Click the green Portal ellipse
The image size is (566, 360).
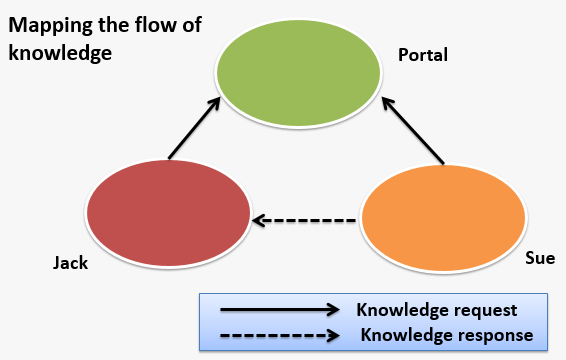pyautogui.click(x=299, y=76)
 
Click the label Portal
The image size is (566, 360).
pyautogui.click(x=422, y=55)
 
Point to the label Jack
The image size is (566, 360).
pyautogui.click(x=71, y=264)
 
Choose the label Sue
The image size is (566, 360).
pyautogui.click(x=540, y=258)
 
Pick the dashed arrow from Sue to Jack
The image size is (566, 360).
pyautogui.click(x=305, y=219)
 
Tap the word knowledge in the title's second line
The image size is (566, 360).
pyautogui.click(x=58, y=51)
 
